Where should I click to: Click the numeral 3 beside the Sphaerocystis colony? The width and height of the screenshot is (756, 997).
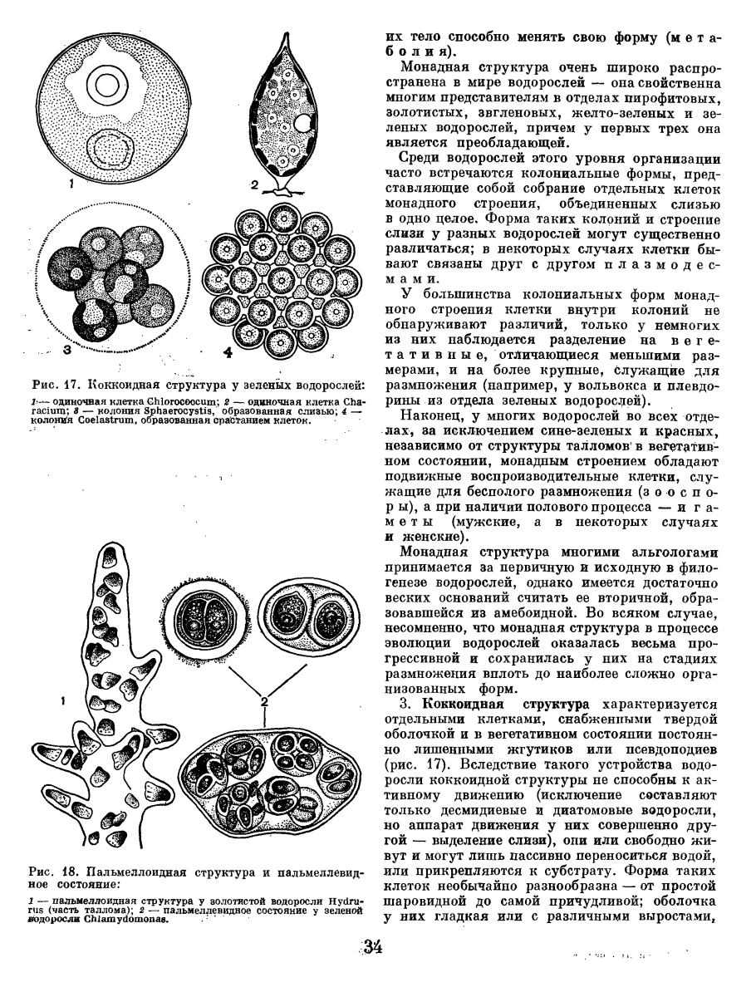coord(66,351)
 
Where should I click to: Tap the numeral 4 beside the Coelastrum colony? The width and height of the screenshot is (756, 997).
coord(227,351)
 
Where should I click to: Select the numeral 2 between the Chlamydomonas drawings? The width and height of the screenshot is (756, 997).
coord(264,703)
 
